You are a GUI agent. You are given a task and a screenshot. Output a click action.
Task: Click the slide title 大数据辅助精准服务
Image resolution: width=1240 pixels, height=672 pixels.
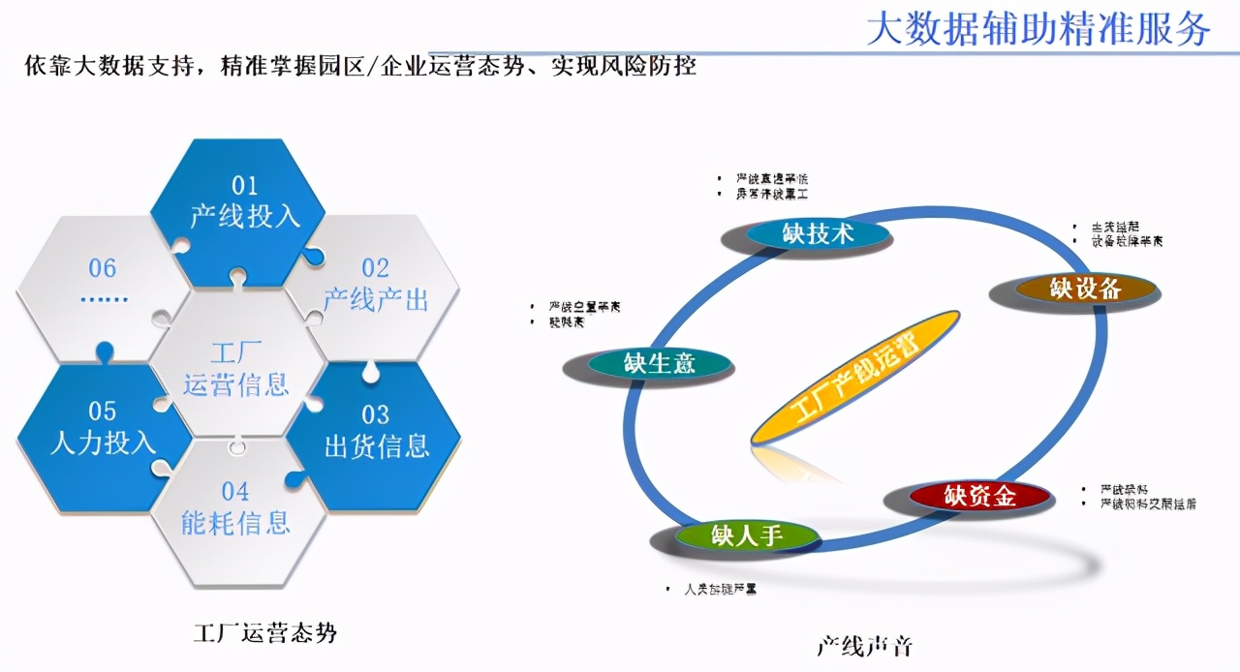tap(1038, 29)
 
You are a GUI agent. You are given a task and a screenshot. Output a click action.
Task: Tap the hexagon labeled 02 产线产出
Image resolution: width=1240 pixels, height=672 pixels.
tap(375, 286)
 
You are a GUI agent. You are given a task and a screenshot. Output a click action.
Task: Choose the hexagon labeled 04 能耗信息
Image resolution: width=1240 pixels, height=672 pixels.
tap(235, 510)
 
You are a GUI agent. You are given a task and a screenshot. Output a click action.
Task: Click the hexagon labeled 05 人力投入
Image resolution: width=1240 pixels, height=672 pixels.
tap(103, 429)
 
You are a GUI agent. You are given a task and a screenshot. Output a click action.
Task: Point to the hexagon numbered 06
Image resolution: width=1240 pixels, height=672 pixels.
tap(103, 281)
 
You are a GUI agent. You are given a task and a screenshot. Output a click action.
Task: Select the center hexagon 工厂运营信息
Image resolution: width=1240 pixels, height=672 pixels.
tap(236, 368)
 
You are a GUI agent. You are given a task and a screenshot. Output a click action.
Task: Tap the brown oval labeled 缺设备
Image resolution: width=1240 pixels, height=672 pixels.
tap(1085, 288)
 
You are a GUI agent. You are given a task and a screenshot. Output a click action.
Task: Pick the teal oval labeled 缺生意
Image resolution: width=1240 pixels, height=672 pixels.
tap(660, 363)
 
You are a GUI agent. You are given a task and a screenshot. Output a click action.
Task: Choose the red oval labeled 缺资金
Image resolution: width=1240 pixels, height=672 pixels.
tap(979, 496)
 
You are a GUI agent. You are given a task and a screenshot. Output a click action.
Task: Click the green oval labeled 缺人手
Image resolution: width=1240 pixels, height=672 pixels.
tap(746, 535)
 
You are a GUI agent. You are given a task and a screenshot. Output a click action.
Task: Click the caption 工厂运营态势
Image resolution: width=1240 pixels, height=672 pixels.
tap(265, 633)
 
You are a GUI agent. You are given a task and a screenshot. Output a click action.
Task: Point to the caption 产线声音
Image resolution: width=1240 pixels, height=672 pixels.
tap(864, 646)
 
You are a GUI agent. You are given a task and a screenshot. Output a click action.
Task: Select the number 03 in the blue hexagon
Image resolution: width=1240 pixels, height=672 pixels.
tap(375, 415)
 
